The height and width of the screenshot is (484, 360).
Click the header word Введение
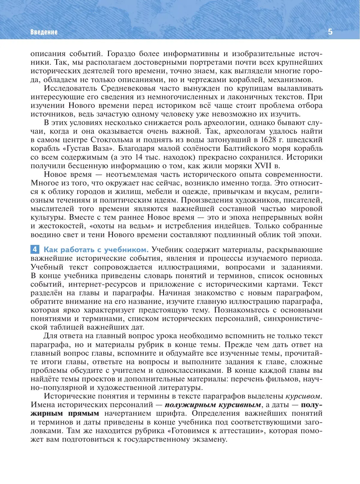click(44, 32)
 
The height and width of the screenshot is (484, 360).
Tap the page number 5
click(330, 32)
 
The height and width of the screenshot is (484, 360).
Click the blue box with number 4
click(35, 249)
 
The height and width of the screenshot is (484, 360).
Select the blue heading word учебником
click(126, 249)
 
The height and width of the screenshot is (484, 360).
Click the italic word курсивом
click(303, 396)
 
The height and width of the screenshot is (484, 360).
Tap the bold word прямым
click(83, 414)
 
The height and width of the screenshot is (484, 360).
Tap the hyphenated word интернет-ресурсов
click(103, 284)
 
